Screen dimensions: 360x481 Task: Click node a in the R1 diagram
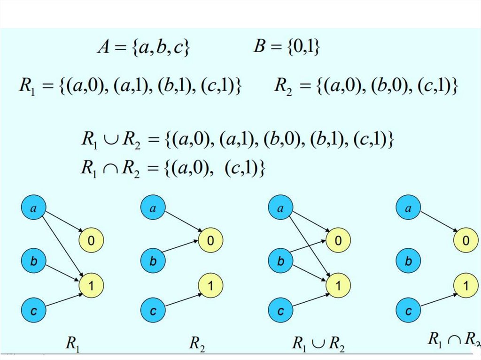tap(33, 209)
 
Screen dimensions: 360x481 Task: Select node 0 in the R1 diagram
tap(92, 240)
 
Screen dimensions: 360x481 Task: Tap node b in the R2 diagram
tap(153, 261)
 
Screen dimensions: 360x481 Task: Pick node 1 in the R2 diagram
tap(211, 284)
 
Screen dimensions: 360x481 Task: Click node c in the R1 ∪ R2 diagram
tap(280, 310)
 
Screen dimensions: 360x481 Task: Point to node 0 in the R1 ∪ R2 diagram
tap(338, 240)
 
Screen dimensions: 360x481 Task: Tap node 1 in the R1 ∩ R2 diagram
tap(465, 285)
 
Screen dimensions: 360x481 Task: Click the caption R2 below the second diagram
tap(196, 344)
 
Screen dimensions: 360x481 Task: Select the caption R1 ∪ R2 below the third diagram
tap(318, 344)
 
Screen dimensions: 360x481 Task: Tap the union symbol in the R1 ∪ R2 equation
tap(110, 140)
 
